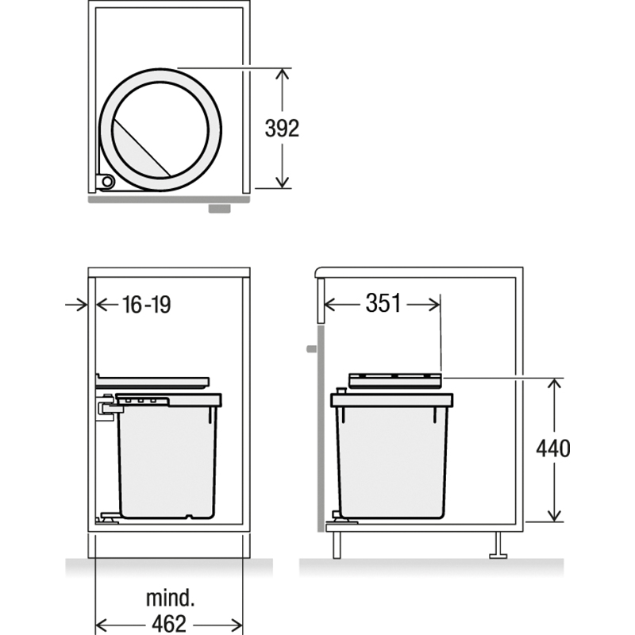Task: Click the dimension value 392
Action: [x=282, y=129]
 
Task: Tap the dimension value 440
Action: [x=553, y=448]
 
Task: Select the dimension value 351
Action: [x=383, y=303]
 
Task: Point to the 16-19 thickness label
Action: [x=146, y=305]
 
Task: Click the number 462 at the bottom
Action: [x=169, y=624]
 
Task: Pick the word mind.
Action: [x=170, y=598]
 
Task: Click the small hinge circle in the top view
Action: [x=107, y=182]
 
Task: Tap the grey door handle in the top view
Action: [x=220, y=209]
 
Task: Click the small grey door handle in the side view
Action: [x=311, y=348]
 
